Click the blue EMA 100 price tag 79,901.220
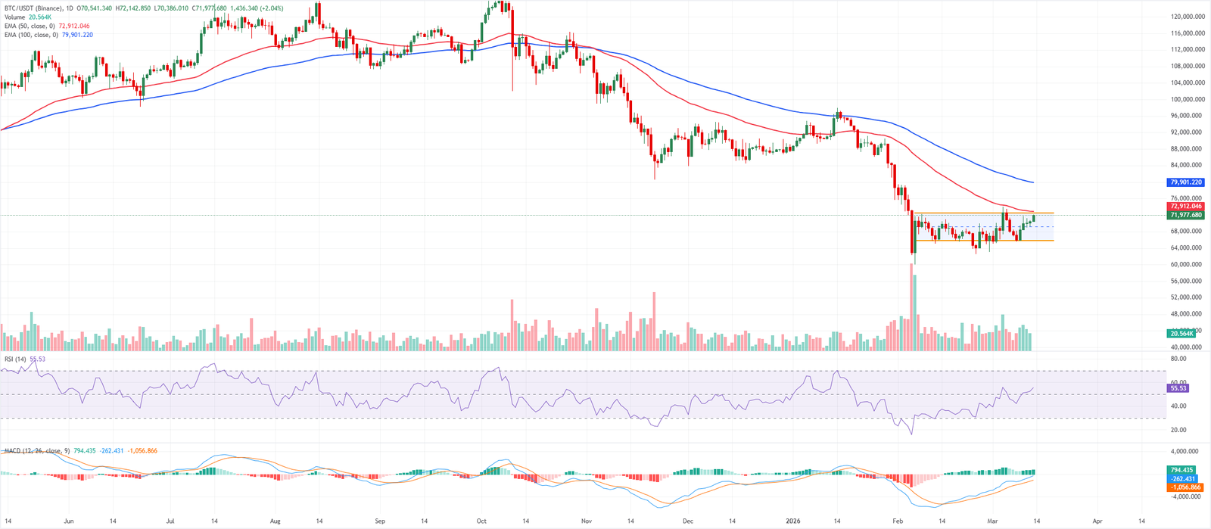coord(1186,182)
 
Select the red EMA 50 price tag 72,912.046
coord(1186,206)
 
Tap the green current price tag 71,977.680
coord(1186,215)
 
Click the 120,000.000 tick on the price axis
coord(1188,17)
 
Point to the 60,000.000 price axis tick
coord(1188,265)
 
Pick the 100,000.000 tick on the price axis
coord(1188,99)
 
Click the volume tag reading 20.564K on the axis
coord(1182,333)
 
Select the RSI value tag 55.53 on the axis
coord(1179,388)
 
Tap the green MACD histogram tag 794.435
coord(1181,470)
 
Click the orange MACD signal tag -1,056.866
coord(1185,487)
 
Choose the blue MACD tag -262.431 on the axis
coord(1183,478)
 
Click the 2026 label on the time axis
coord(792,521)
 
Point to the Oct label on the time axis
coord(481,521)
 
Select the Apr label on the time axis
coord(1097,521)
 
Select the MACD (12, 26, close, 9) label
coord(37,451)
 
